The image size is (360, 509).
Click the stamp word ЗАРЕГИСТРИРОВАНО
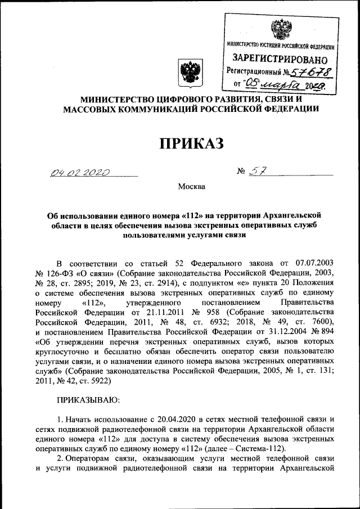(280, 58)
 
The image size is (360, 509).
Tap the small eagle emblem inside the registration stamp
(280, 28)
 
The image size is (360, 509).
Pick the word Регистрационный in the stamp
(255, 71)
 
